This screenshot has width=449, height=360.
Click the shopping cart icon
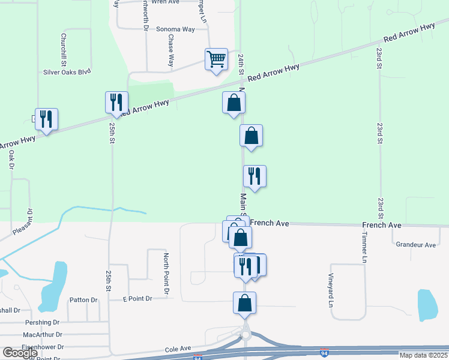click(x=216, y=59)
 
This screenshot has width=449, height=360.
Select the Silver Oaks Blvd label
click(x=67, y=71)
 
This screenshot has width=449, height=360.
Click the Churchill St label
click(x=62, y=49)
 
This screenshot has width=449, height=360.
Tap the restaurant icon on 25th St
click(x=115, y=103)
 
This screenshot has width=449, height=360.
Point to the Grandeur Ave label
click(x=415, y=245)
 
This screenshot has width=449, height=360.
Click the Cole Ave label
click(x=178, y=348)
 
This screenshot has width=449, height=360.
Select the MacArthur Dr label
click(x=43, y=334)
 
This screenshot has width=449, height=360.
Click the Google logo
click(x=20, y=353)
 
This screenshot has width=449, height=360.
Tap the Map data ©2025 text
click(x=423, y=355)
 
